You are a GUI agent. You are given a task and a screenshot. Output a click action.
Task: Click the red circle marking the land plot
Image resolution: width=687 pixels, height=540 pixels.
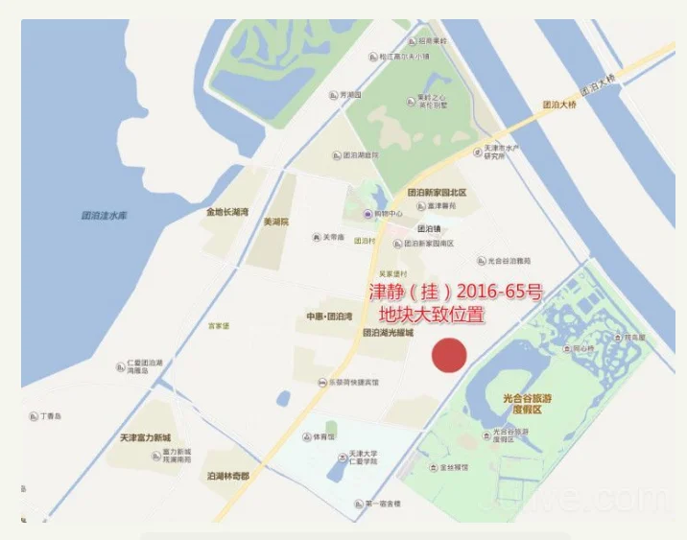[x=448, y=356]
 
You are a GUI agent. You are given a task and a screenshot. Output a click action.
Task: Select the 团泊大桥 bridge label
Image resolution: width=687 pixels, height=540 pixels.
[x=559, y=104]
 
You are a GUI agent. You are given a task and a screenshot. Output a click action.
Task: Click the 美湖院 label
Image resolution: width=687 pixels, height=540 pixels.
[x=276, y=222]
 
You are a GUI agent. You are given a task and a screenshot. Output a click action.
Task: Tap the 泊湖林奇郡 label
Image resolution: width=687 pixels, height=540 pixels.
[x=227, y=476]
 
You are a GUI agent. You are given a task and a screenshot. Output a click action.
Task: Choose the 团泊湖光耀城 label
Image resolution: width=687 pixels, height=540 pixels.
[x=388, y=333]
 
